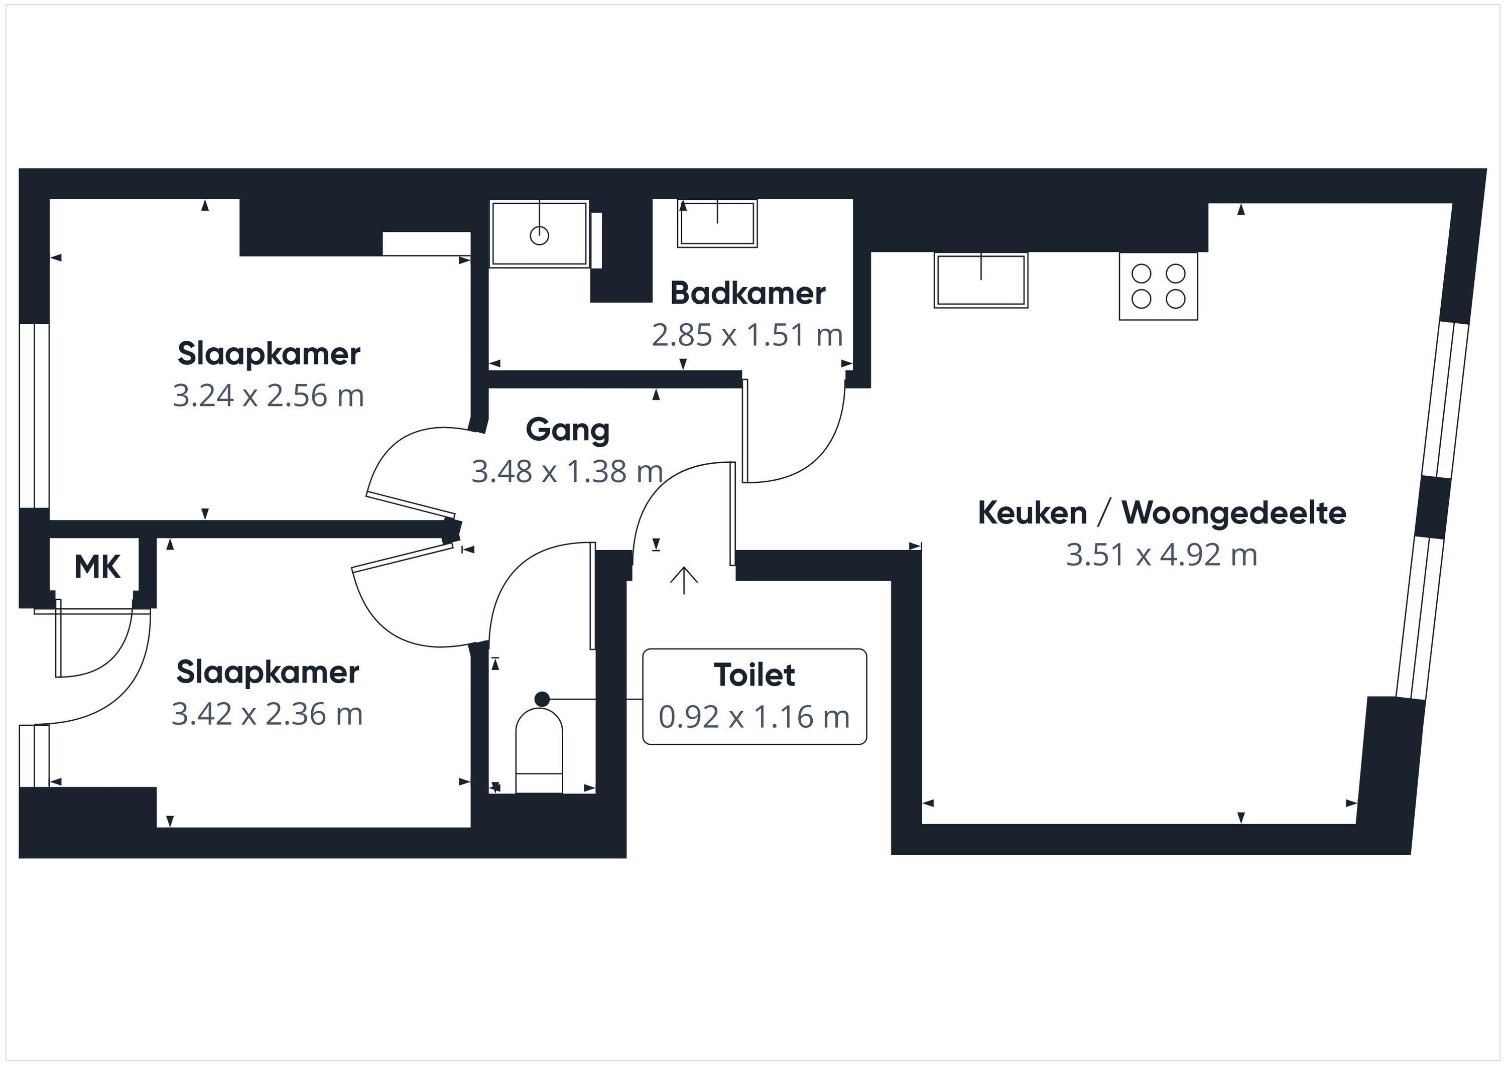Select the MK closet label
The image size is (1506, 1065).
pyautogui.click(x=98, y=567)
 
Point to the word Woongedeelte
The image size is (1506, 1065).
pyautogui.click(x=1234, y=513)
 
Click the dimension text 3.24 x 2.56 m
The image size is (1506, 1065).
pyautogui.click(x=268, y=395)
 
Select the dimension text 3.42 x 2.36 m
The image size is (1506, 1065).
pyautogui.click(x=267, y=714)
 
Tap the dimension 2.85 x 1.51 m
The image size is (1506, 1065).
pyautogui.click(x=747, y=335)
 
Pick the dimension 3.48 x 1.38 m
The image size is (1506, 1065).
pyautogui.click(x=567, y=471)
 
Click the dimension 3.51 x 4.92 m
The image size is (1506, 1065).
pyautogui.click(x=1162, y=555)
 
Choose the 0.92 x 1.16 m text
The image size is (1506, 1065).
pyautogui.click(x=755, y=717)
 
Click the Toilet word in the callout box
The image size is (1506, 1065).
pyautogui.click(x=755, y=675)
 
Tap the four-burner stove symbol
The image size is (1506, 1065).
pyautogui.click(x=1158, y=287)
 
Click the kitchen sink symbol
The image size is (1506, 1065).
pyautogui.click(x=980, y=280)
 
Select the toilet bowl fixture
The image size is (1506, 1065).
pyautogui.click(x=539, y=750)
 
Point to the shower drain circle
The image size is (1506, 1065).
pyautogui.click(x=539, y=235)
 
